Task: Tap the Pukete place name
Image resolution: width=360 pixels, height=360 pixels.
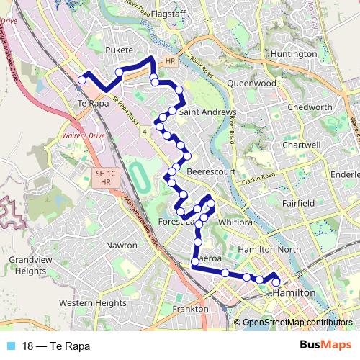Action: (120, 51)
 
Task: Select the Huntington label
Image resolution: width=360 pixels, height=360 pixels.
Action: (294, 54)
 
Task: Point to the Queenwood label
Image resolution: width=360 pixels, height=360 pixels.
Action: (251, 83)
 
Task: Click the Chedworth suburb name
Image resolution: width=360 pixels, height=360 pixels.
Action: (310, 107)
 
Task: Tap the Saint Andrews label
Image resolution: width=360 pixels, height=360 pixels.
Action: (207, 113)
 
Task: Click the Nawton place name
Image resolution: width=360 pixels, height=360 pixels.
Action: (121, 246)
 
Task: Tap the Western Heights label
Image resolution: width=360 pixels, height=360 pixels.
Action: (92, 303)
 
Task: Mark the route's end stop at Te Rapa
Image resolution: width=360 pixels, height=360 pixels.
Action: (82, 80)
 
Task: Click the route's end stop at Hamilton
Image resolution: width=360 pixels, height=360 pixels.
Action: (276, 283)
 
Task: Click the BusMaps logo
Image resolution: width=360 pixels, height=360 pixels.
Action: (325, 346)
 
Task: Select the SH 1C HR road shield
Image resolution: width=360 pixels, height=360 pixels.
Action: (106, 178)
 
